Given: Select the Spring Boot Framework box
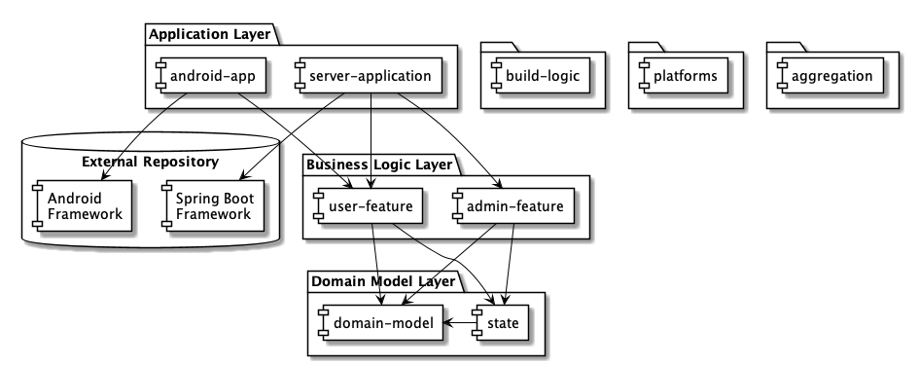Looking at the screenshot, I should coord(213,204).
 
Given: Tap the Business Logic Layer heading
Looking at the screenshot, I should coord(378,165).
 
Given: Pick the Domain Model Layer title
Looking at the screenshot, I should coord(382,282).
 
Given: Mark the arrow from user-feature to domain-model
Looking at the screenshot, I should coord(375,263).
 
